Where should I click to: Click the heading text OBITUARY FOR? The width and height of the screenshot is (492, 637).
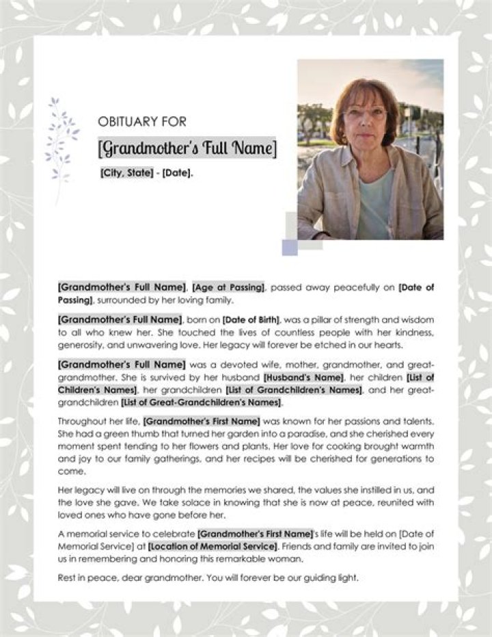coord(142,121)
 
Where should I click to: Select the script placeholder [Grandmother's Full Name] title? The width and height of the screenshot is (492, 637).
coord(188,148)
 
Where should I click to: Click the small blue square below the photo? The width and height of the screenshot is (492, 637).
coord(290,248)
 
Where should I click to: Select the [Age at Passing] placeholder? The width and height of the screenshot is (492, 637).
coord(228,288)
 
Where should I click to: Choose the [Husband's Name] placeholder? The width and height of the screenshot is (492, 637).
coord(303,378)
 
